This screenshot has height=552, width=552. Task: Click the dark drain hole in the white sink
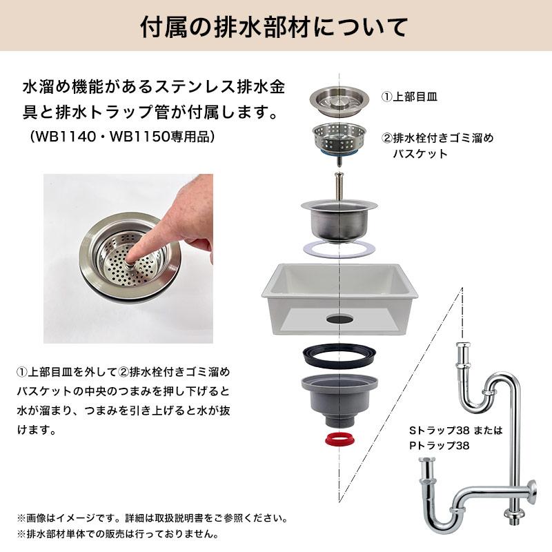click(x=338, y=319)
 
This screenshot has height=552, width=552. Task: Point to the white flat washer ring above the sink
click(x=338, y=249)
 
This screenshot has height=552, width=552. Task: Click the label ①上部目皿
click(x=410, y=97)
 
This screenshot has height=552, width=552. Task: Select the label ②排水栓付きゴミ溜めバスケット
click(x=437, y=146)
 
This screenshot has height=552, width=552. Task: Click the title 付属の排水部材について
click(x=275, y=29)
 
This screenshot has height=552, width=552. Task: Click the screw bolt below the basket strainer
click(x=338, y=184)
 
